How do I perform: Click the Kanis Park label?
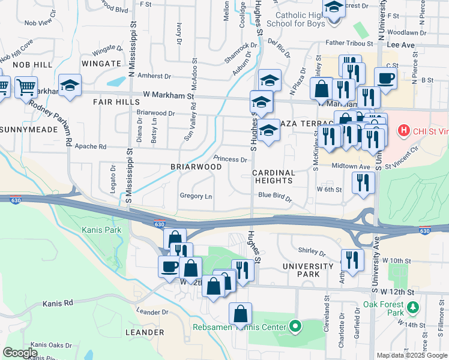pyautogui.click(x=101, y=230)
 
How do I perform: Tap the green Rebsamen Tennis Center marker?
pyautogui.click(x=295, y=327)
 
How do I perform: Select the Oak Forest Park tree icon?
pyautogui.click(x=412, y=308)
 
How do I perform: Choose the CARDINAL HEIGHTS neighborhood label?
pyautogui.click(x=273, y=176)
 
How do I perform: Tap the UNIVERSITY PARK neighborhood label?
pyautogui.click(x=307, y=270)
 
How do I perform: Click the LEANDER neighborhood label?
pyautogui.click(x=145, y=332)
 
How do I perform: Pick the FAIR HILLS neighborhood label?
pyautogui.click(x=116, y=103)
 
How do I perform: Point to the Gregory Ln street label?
pyautogui.click(x=196, y=196)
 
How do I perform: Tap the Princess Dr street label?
pyautogui.click(x=231, y=160)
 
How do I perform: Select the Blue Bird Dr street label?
pyautogui.click(x=274, y=196)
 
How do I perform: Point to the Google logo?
pyautogui.click(x=20, y=353)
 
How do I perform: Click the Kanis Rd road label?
pyautogui.click(x=58, y=304)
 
